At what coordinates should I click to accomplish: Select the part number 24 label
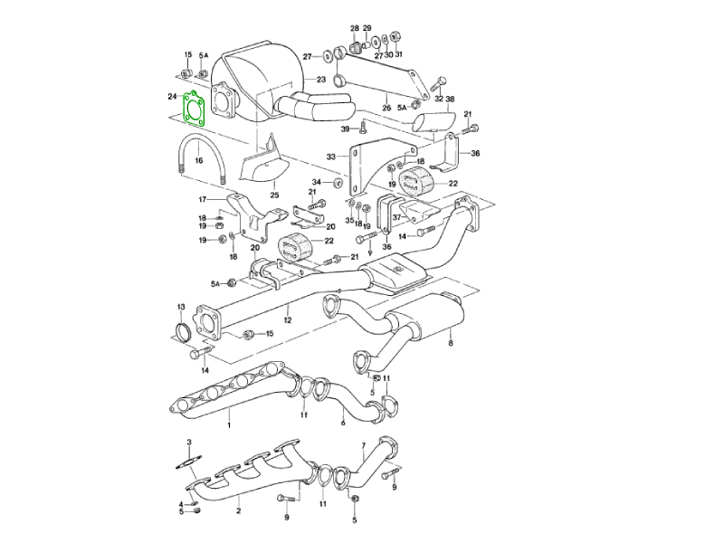pyautogui.click(x=172, y=96)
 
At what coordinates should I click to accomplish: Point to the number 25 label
pyautogui.click(x=274, y=195)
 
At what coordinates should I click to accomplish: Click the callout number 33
pyautogui.click(x=331, y=157)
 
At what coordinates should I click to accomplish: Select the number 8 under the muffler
pyautogui.click(x=450, y=343)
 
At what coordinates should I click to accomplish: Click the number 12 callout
pyautogui.click(x=287, y=319)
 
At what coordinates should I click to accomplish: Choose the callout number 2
pyautogui.click(x=238, y=511)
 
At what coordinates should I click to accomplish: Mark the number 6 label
pyautogui.click(x=343, y=423)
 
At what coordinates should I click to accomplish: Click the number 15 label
pyautogui.click(x=269, y=334)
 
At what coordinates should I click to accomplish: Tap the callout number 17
pyautogui.click(x=204, y=199)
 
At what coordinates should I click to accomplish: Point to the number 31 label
pyautogui.click(x=399, y=55)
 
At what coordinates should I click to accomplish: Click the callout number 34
pyautogui.click(x=317, y=183)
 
